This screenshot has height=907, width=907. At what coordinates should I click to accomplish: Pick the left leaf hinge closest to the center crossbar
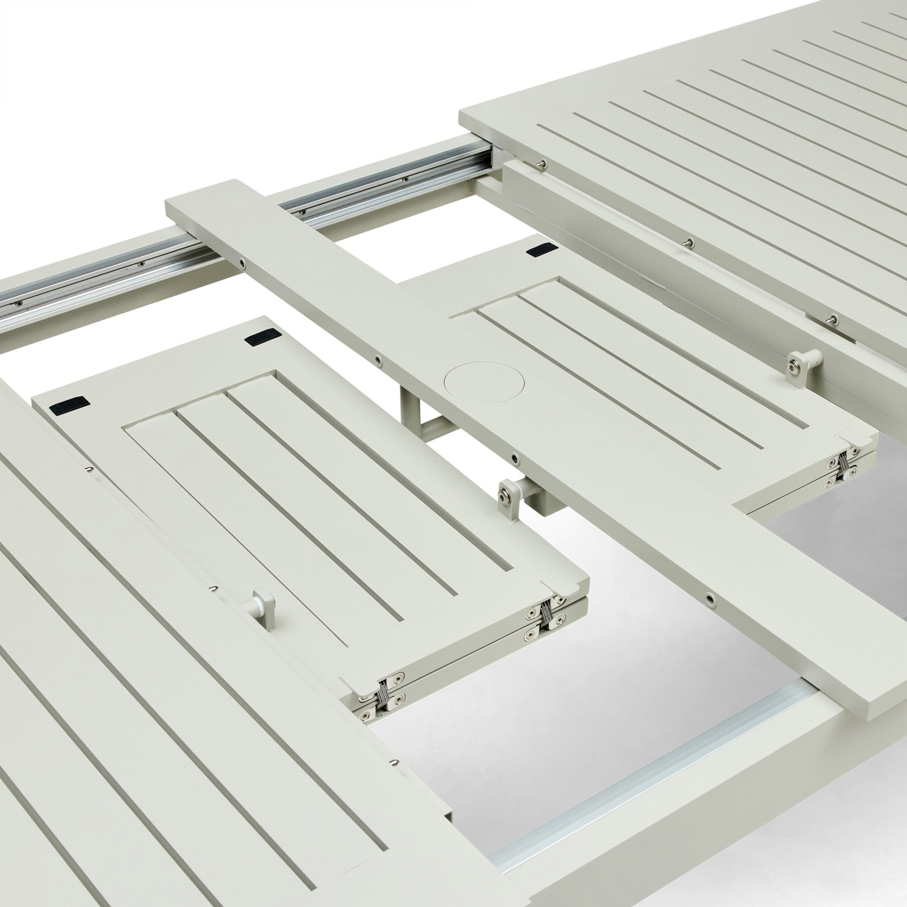546,615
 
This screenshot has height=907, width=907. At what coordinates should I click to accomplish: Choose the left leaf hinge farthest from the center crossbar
381,698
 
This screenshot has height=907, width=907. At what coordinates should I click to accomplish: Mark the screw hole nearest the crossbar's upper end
242,264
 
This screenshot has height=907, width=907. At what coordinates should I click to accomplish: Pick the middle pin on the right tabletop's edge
689,242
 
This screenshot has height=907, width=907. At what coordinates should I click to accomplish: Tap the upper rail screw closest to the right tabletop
405,179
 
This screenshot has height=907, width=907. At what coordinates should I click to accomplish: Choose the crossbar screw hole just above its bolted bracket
517,457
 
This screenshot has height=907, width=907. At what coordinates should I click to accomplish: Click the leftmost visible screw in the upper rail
19,303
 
